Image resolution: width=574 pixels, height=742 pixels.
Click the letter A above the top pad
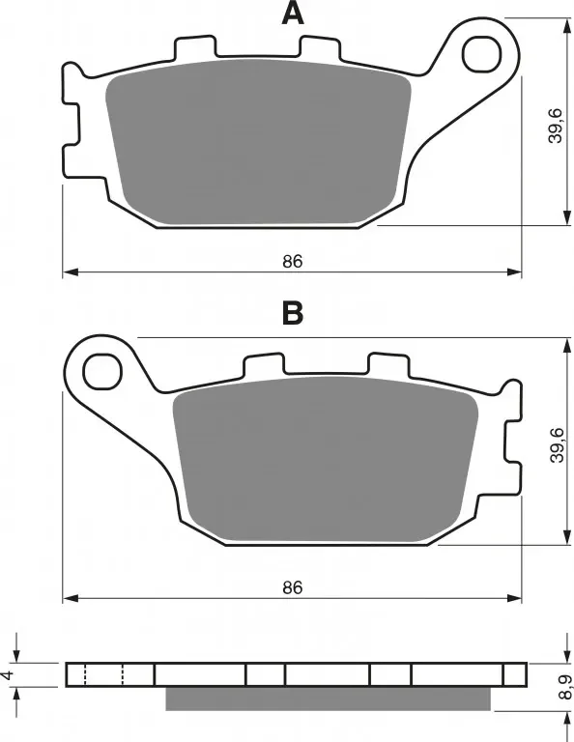[x=293, y=14]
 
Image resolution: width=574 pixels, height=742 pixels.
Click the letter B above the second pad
[x=293, y=313]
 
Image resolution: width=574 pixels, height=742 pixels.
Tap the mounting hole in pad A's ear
[x=482, y=54]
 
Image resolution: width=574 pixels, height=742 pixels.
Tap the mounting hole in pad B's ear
[x=102, y=371]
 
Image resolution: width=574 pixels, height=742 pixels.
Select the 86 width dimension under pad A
[x=293, y=261]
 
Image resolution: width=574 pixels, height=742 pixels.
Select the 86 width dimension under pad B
[x=293, y=587]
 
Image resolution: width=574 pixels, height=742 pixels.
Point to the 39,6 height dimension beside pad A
[x=555, y=126]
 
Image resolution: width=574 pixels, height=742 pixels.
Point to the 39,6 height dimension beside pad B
[x=557, y=444]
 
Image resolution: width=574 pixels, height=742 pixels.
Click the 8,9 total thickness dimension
[x=564, y=688]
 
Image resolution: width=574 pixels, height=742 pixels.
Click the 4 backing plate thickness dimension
[x=7, y=675]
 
